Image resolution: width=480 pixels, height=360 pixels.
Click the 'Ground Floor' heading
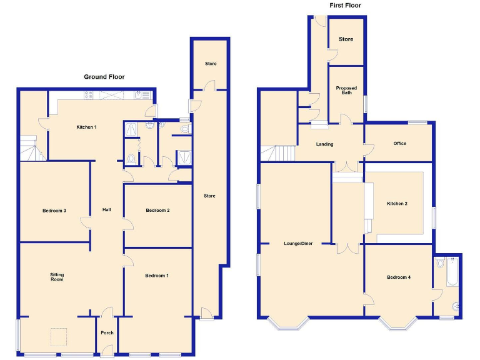[104, 77]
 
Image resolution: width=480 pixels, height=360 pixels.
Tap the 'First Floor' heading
[345, 6]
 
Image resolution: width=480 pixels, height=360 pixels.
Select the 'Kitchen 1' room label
[86, 127]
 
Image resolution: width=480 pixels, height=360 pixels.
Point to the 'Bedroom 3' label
[54, 211]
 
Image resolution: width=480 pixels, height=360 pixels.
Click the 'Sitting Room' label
[57, 277]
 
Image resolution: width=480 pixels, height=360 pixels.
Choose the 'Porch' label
[107, 332]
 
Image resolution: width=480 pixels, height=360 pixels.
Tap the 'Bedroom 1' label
[157, 276]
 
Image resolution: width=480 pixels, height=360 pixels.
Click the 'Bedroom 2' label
[157, 211]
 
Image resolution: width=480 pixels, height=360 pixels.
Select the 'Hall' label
[107, 211]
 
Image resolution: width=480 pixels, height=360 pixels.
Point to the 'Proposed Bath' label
[346, 90]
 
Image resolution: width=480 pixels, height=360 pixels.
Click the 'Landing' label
[324, 144]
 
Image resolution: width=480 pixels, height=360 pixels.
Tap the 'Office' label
[399, 144]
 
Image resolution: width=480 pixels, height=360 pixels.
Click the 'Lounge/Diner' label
[298, 243]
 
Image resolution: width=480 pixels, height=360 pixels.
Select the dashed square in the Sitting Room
[59, 337]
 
